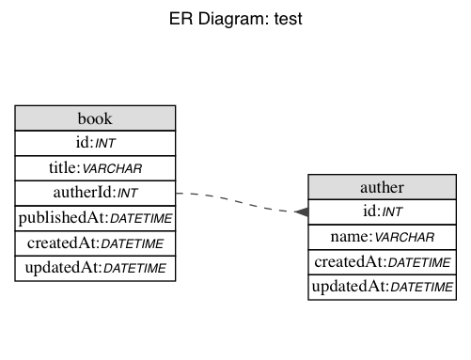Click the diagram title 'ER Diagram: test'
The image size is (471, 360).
235,19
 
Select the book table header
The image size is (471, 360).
95,117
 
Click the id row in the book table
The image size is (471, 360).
95,143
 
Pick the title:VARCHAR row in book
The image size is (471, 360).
95,168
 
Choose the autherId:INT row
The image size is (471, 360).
95,194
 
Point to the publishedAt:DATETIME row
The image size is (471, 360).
95,218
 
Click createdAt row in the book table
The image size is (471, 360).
95,243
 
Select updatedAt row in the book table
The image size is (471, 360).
95,269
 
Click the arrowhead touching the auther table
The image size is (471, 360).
301,212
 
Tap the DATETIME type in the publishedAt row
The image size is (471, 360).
139,219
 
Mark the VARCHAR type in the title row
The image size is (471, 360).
114,169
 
